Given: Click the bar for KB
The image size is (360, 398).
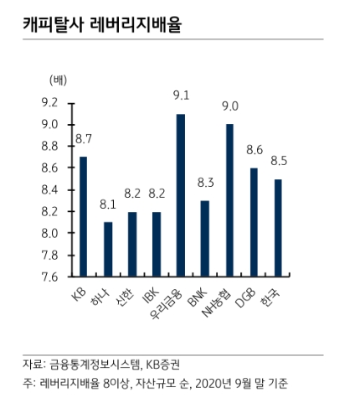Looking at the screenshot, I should point(83,216).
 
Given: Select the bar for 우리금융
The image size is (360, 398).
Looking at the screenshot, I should point(181,194).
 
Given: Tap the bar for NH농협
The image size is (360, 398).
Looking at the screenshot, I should point(229,199).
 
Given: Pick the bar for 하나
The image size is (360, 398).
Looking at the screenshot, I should point(107,249).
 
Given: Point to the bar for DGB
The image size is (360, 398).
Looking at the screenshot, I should point(254,221).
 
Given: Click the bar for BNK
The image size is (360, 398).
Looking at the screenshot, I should point(205,238).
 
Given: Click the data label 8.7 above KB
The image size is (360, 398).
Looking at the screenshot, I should point(84,138).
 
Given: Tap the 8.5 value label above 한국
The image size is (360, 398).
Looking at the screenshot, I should point(278,160).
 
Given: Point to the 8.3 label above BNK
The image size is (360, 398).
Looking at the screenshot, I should point(205,182).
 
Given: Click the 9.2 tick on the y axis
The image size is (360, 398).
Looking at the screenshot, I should point(49,103).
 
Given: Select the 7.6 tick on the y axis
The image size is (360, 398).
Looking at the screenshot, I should point(49,276).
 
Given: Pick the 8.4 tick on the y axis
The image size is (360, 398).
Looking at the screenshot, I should point(49,189).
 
